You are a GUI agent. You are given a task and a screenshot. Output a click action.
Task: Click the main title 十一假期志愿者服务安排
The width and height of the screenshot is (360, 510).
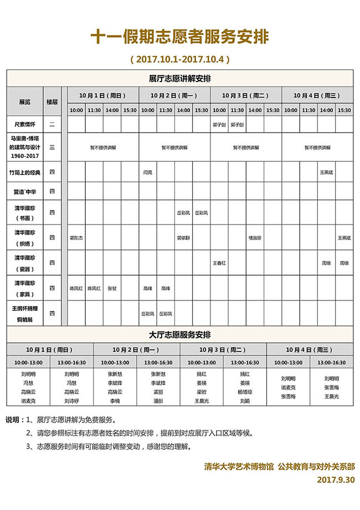coord(180,37)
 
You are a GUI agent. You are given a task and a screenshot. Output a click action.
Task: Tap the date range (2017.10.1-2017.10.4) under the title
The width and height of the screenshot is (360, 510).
coord(180,58)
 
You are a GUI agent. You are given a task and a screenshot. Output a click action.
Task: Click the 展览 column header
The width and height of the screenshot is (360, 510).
coord(25,102)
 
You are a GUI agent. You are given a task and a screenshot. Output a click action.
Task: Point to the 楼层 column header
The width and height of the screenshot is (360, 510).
coord(52,102)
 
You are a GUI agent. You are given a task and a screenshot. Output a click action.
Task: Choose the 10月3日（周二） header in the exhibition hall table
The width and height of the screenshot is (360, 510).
coord(245,95)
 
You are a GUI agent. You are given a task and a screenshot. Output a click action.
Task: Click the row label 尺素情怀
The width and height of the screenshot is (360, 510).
coord(25,125)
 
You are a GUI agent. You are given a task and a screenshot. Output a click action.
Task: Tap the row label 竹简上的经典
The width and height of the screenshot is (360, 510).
coord(25,172)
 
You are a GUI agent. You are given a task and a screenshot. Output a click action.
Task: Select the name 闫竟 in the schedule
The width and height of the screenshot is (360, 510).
coord(148,172)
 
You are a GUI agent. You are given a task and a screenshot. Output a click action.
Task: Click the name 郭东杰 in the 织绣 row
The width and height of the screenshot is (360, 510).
coord(76,237)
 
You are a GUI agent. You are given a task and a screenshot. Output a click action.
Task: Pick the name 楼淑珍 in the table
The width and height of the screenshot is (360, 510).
coord(255,237)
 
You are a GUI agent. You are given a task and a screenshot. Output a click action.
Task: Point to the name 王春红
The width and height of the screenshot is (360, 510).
coord(219,263)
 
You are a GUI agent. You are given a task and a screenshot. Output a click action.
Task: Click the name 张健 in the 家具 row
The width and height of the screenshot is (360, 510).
coord(112,288)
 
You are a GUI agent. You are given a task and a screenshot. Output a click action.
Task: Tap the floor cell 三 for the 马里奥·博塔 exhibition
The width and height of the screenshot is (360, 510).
coord(52,147)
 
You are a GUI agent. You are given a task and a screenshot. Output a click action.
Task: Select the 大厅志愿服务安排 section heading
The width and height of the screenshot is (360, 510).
coord(180,335)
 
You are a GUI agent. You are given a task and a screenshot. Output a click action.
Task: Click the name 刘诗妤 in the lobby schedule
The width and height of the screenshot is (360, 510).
coord(71,400)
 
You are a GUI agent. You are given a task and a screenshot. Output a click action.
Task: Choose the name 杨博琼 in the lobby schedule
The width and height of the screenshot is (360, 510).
coord(245,391)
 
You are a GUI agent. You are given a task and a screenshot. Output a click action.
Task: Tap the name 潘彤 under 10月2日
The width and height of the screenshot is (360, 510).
coord(158,400)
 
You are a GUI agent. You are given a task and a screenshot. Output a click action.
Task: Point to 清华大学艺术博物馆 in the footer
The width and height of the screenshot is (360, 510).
coord(239,467)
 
